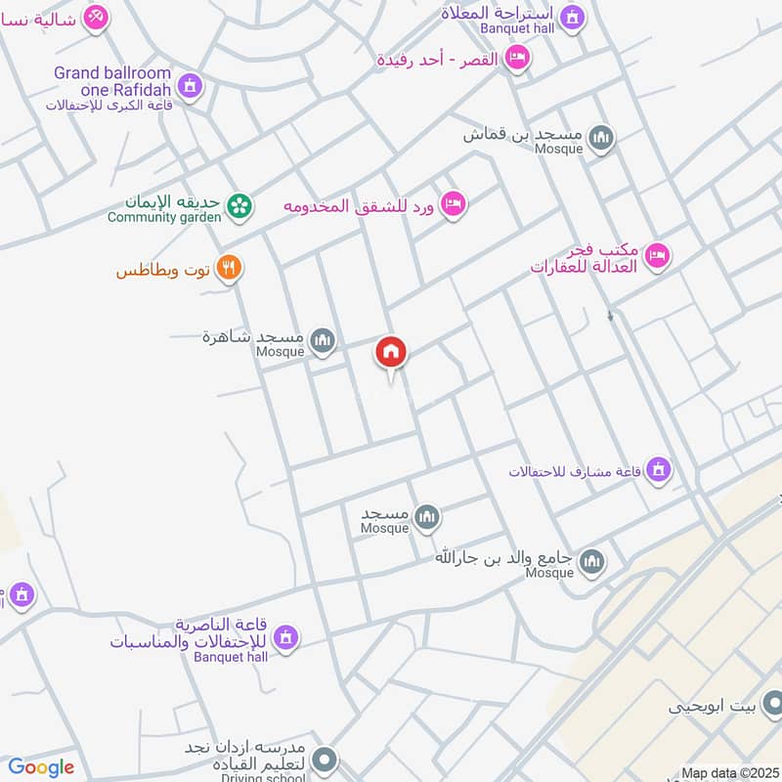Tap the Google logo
41,767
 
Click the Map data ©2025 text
730,773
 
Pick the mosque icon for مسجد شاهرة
323,341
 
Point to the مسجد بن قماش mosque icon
601,139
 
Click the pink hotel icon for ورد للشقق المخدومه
454,203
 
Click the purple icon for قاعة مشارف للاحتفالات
660,469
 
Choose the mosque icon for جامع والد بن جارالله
591,562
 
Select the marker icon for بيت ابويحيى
772,703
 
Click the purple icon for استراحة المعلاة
572,17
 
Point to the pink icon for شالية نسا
95,17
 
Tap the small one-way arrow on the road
611,317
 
